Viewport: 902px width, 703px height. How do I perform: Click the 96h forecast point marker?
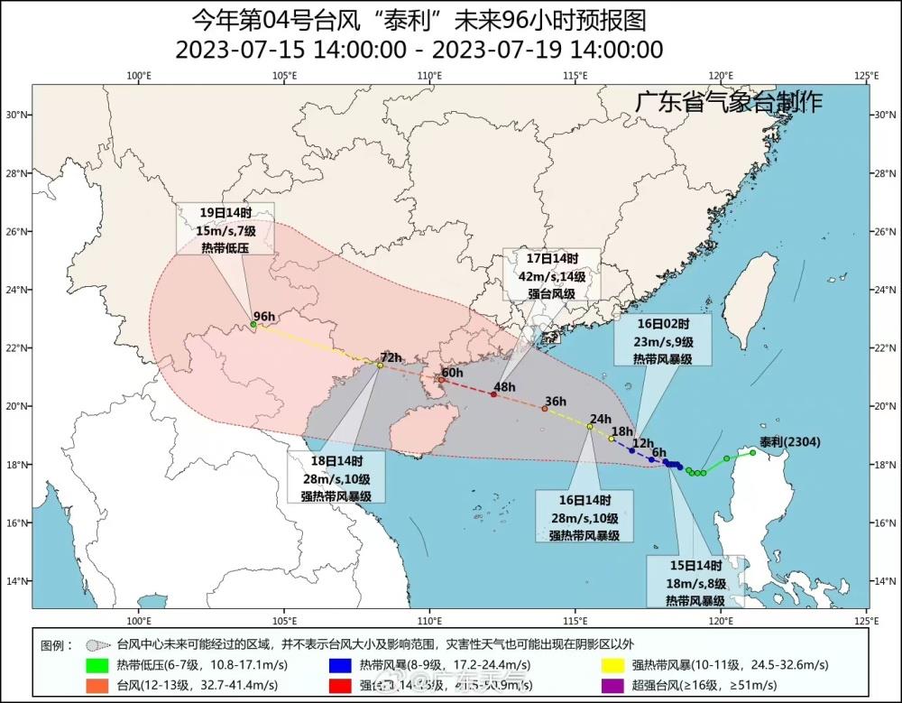pyautogui.click(x=253, y=324)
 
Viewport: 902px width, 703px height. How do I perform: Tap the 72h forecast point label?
pyautogui.click(x=390, y=356)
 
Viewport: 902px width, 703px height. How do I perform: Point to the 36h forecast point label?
pyautogui.click(x=555, y=402)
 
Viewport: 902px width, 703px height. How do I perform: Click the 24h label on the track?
pyautogui.click(x=600, y=418)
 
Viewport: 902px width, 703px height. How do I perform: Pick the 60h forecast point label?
pyautogui.click(x=452, y=373)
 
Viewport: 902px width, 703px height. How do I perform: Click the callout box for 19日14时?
pyautogui.click(x=212, y=229)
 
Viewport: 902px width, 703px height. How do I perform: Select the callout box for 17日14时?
pyautogui.click(x=551, y=275)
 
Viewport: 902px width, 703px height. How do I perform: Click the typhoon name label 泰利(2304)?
pyautogui.click(x=790, y=442)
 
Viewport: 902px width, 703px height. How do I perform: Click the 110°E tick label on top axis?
pyautogui.click(x=429, y=75)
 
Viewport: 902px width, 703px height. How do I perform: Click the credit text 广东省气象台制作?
pyautogui.click(x=728, y=102)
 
